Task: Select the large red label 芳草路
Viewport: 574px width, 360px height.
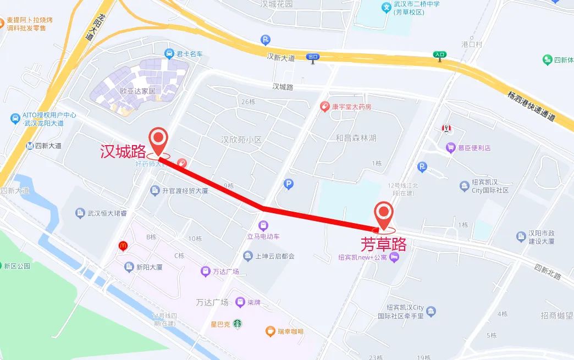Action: coord(383,244)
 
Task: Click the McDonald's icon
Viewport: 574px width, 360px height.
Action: coord(123,246)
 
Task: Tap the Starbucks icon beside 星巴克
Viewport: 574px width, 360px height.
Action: coord(237,324)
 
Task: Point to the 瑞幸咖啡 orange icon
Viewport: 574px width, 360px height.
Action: coord(270,331)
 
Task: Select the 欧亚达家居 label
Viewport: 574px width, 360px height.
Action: coord(138,91)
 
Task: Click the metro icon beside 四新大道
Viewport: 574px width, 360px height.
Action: coord(29,146)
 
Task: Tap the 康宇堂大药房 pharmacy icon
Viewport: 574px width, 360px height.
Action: coord(325,106)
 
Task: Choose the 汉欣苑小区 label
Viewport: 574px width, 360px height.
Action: coord(241,140)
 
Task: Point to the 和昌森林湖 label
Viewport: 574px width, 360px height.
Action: coord(356,138)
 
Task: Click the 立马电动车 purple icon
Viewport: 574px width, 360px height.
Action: coord(263,225)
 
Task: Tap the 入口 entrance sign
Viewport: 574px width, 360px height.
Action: coord(440,54)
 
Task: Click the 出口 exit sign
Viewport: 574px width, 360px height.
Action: coord(313,57)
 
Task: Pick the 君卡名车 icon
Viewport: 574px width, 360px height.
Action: coord(169,53)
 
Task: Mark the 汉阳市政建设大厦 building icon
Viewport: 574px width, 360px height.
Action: coord(521,237)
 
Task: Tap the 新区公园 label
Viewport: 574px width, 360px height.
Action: coord(16,266)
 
